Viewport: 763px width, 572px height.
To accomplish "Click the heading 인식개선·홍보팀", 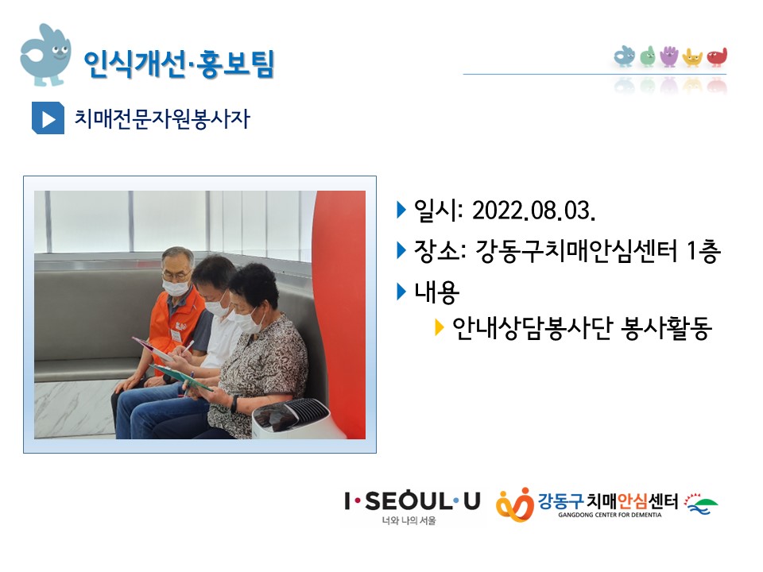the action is click(x=179, y=64).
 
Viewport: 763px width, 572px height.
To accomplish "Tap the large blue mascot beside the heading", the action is click(x=45, y=55).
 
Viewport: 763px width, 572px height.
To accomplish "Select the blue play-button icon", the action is click(x=48, y=118).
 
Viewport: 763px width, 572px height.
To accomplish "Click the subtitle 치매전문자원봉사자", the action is click(x=162, y=118).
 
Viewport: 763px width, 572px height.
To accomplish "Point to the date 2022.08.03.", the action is click(x=534, y=211).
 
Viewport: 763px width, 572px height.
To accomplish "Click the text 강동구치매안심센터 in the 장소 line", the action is click(x=576, y=251).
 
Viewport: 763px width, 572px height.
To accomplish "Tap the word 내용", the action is click(x=436, y=292).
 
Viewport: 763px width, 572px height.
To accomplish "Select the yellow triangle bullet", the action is click(x=439, y=327).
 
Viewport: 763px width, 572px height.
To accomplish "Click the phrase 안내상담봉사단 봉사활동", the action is click(x=582, y=328).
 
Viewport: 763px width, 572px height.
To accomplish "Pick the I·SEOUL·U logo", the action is click(x=412, y=506).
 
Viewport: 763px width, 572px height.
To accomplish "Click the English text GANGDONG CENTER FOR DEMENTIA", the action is click(x=610, y=515).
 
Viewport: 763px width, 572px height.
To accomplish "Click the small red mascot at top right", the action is click(x=717, y=57).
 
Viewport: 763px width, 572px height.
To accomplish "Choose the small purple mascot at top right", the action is click(x=669, y=56).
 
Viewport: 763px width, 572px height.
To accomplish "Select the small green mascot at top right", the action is click(x=647, y=56).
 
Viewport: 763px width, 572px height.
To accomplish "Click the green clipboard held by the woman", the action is click(x=181, y=377).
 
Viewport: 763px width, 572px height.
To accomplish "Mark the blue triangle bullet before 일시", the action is click(x=401, y=210).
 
